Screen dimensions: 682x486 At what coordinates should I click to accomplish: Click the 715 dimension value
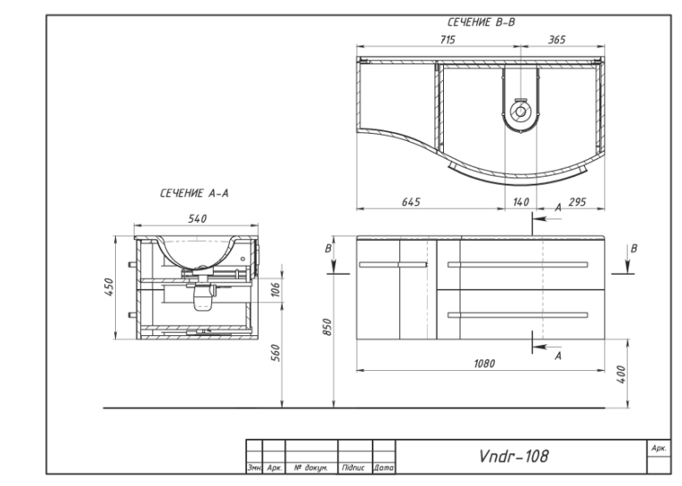[x=448, y=40]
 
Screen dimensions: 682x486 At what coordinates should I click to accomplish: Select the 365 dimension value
[x=556, y=40]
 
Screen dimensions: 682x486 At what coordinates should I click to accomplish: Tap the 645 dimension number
[x=411, y=202]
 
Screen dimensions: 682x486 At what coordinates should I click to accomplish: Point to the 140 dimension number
[x=521, y=202]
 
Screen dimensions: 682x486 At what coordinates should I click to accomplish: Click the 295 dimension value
[x=577, y=202]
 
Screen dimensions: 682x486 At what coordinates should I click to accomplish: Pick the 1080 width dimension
[x=484, y=363]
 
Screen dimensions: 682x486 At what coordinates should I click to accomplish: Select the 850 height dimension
[x=327, y=327]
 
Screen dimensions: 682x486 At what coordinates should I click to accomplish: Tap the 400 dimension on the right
[x=621, y=375]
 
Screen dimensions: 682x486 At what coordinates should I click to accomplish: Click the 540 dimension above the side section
[x=197, y=218]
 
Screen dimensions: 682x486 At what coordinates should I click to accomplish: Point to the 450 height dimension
[x=109, y=287]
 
